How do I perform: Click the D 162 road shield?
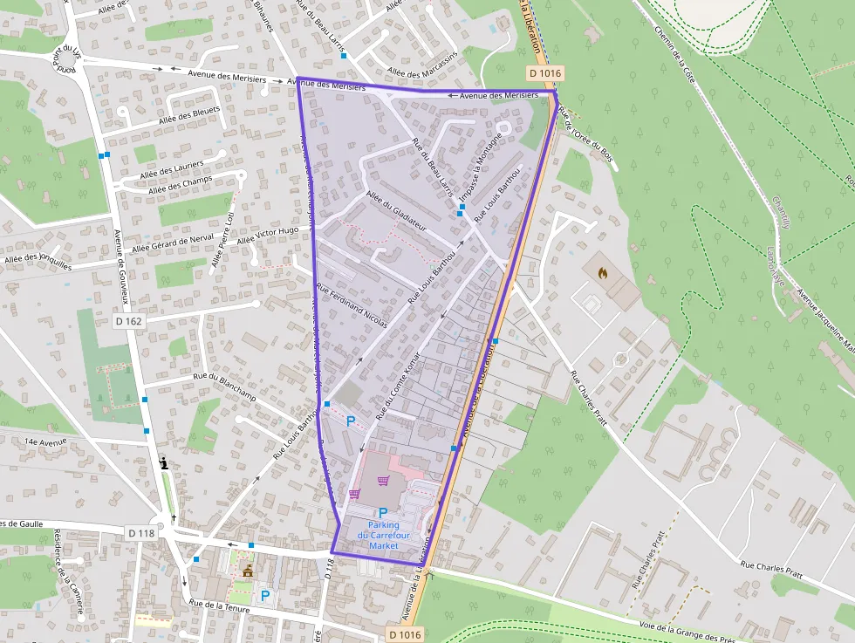tap(128, 321)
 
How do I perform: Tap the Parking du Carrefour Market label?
tap(383, 535)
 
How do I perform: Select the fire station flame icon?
tap(603, 272)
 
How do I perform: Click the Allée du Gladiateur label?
tap(396, 209)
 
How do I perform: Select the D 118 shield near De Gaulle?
tap(141, 532)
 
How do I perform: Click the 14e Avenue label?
tap(46, 442)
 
